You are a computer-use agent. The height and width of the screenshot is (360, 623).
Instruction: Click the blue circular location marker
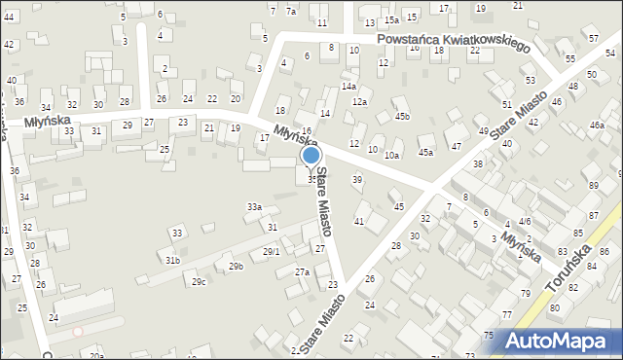pos(311,155)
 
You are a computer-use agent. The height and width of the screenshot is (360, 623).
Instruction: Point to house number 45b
pos(402,117)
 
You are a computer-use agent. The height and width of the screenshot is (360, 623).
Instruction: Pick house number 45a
pos(425,152)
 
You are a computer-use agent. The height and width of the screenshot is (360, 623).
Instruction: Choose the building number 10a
pos(391,155)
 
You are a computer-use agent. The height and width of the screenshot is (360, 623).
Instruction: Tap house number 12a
pos(359,102)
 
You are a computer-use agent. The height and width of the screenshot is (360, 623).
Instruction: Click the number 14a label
pos(348,87)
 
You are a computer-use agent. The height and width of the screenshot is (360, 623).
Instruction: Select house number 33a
pos(254,206)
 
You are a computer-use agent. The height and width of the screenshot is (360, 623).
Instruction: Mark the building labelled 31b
pos(172,261)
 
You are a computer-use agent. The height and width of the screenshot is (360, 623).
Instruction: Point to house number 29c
pos(199,282)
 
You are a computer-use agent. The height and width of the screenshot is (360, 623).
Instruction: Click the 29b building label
pos(236,266)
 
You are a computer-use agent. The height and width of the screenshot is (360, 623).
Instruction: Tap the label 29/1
pos(272,252)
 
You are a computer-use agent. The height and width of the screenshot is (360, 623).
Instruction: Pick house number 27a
pos(303,271)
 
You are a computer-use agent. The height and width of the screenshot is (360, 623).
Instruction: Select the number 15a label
pos(391,19)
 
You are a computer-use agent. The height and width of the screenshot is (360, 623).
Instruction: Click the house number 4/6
pos(525,223)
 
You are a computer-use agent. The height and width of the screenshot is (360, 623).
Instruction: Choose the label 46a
pos(596,126)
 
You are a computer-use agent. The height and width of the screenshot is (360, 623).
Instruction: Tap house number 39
pos(357,179)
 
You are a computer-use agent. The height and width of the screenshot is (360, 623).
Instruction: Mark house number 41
pos(359,222)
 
